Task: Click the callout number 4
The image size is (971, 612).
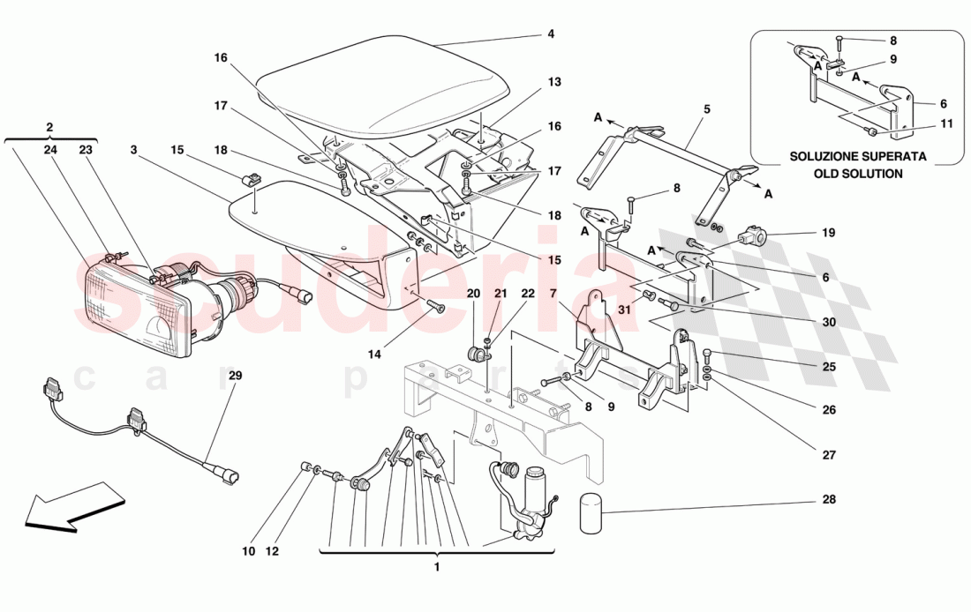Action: pyautogui.click(x=551, y=35)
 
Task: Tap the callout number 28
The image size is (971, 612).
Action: pyautogui.click(x=828, y=500)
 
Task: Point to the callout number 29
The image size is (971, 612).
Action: pyautogui.click(x=235, y=376)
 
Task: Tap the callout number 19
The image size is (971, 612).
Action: pyautogui.click(x=828, y=235)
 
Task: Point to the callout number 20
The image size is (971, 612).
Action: pyautogui.click(x=474, y=293)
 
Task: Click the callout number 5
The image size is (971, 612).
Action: pyautogui.click(x=706, y=111)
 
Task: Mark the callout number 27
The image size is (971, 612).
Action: pyautogui.click(x=828, y=456)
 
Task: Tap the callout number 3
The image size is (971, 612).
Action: pyautogui.click(x=132, y=151)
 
